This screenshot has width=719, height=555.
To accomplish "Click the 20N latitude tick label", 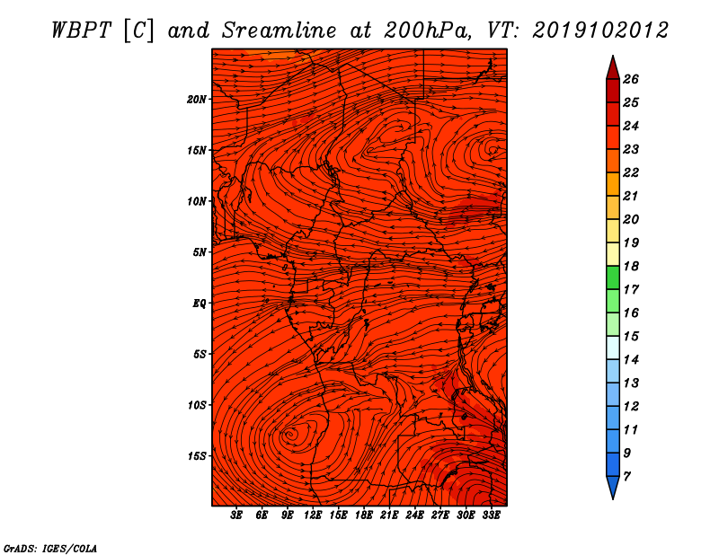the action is click(197, 100).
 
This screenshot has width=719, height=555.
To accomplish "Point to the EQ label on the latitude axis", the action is click(200, 304).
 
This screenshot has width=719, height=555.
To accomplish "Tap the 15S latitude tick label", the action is click(197, 456).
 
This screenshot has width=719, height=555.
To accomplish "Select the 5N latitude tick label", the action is click(200, 252).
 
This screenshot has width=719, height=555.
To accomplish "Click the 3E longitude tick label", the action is click(236, 515).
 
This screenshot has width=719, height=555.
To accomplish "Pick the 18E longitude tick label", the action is click(364, 515).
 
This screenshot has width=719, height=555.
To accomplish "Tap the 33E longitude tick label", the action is click(491, 515).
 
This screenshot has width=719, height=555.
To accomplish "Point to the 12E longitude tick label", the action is click(313, 515).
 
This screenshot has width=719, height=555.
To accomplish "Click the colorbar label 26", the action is click(631, 79).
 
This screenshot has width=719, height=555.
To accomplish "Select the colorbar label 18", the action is click(631, 266).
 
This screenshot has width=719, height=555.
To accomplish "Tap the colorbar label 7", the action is click(626, 477).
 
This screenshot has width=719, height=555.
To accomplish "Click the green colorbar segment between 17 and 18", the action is click(613, 277).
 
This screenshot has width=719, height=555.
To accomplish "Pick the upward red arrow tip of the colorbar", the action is click(613, 56).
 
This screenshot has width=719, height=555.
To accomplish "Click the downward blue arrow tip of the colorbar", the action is click(613, 499).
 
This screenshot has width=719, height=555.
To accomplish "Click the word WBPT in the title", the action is click(82, 31).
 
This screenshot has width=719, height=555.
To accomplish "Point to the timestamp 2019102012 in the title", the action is click(600, 31).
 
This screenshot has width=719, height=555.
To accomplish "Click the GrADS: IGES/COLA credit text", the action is click(50, 549).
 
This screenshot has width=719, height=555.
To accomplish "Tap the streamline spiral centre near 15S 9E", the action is click(290, 434).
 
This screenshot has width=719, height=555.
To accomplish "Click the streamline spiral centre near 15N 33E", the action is click(493, 149).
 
